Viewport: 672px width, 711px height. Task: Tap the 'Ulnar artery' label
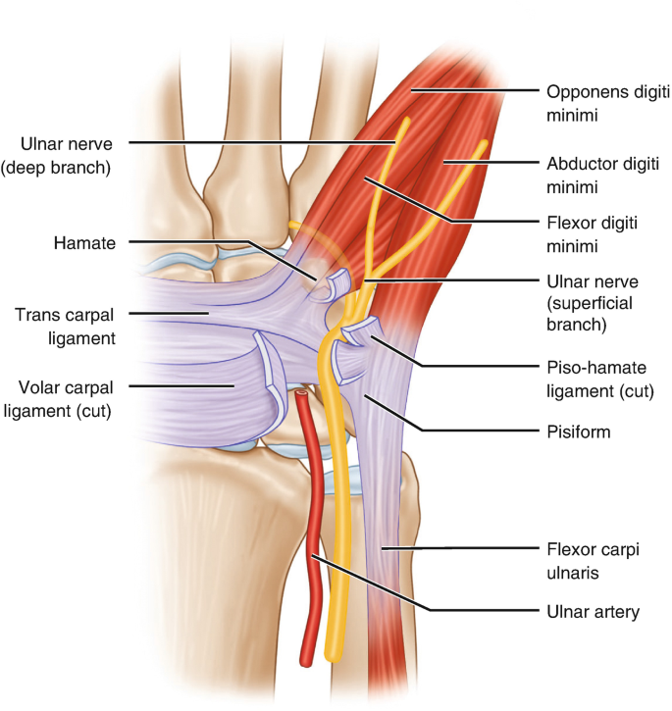[x=593, y=612]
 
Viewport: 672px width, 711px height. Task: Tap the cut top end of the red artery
[x=301, y=396]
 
